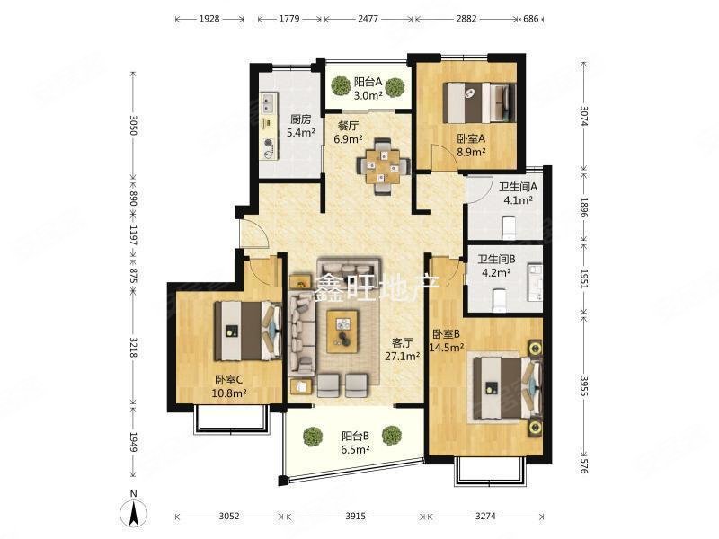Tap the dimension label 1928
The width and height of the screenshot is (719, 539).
tap(209, 19)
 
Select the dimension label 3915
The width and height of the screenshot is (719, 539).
tap(355, 517)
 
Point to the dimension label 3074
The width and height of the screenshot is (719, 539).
tap(583, 116)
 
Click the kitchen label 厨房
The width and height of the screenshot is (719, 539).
tap(301, 119)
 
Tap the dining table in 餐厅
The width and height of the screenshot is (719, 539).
tap(383, 166)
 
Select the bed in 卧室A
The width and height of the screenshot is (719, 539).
tap(482, 102)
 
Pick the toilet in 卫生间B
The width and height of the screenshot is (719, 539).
tap(499, 300)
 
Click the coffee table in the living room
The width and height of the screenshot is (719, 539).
tap(342, 331)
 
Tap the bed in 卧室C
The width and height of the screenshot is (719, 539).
tap(248, 331)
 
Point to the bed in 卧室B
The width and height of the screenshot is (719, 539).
tap(508, 388)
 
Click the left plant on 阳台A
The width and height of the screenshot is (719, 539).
tap(342, 85)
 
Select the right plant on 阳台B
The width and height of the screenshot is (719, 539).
tap(392, 436)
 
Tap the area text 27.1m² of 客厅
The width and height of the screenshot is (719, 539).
tap(403, 356)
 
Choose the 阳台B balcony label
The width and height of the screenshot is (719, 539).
tap(355, 436)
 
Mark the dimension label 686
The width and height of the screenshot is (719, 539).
tap(530, 19)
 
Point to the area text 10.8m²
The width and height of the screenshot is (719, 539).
tap(229, 393)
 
